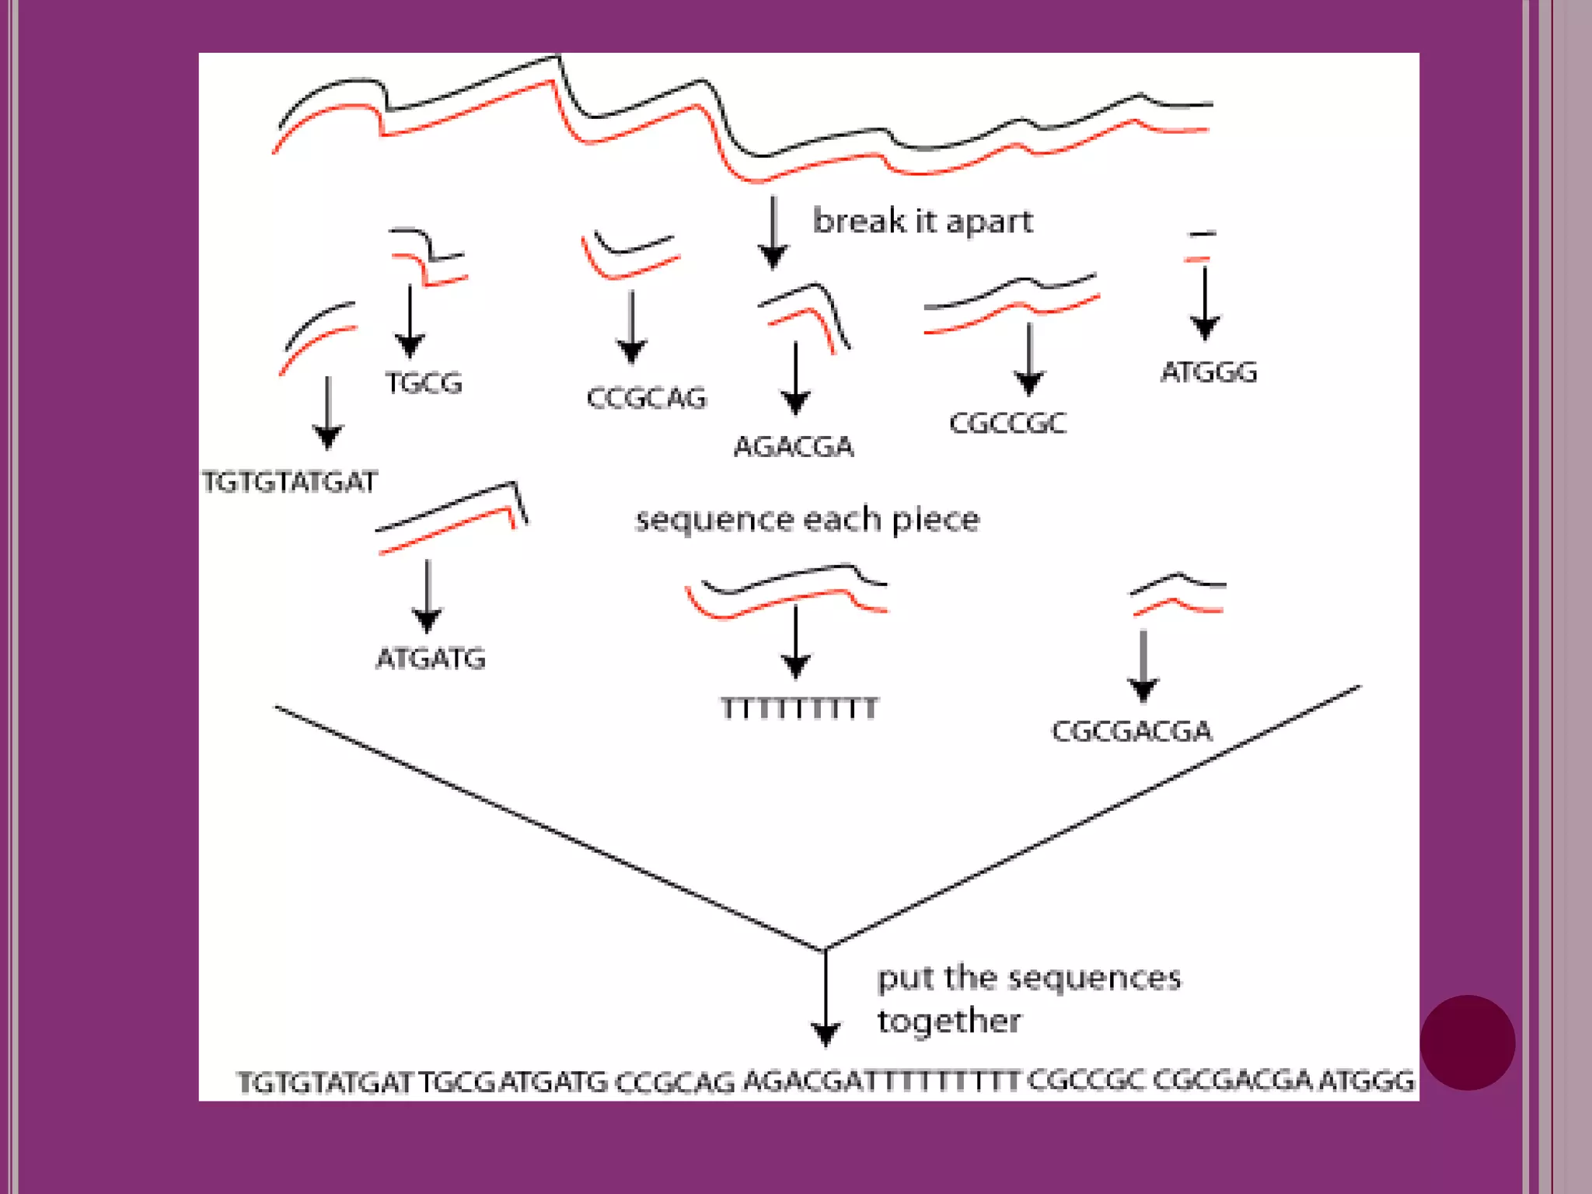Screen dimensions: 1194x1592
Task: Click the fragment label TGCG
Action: coord(424,382)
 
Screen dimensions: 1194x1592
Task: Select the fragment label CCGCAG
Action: coord(646,398)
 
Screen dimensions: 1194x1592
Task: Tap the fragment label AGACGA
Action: coord(794,446)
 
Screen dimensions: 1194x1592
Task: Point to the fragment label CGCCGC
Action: coord(1007,423)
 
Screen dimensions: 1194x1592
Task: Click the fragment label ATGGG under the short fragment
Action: coord(1208,372)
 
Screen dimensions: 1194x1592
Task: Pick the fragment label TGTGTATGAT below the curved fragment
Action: coord(289,482)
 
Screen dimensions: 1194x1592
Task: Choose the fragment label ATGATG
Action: coord(431,658)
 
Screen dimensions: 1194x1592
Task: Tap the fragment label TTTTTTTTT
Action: coord(799,708)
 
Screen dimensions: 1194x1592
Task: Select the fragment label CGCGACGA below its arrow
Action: coord(1131,731)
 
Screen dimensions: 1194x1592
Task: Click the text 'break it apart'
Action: coord(923,222)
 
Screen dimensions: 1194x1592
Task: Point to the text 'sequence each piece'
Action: coord(807,519)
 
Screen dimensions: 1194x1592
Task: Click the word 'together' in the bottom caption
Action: coord(949,1021)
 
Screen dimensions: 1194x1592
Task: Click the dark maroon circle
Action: coord(1467,1042)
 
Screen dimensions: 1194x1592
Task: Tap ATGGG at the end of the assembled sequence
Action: coord(1367,1081)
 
